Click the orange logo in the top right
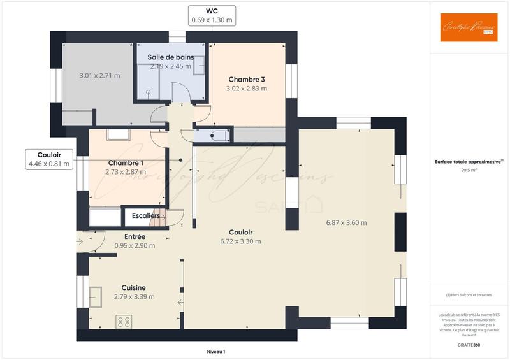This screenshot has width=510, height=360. [x=469, y=27]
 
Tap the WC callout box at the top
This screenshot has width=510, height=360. [x=212, y=15]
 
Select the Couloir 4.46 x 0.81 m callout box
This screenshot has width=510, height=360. [x=48, y=159]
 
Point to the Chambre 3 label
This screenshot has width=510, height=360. [x=246, y=80]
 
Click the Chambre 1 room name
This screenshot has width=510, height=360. [x=125, y=163]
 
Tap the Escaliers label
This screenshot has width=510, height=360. [x=145, y=216]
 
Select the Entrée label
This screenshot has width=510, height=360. [x=135, y=236]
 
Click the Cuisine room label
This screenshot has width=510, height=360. [x=134, y=287]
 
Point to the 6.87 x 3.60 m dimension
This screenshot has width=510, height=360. [x=346, y=222]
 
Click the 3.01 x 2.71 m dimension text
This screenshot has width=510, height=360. [x=99, y=76]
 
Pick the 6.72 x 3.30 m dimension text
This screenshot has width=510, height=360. [x=240, y=241]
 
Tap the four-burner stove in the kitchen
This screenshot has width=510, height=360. [x=124, y=322]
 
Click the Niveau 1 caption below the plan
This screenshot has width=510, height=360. [x=216, y=352]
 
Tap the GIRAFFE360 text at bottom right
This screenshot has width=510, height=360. [x=468, y=345]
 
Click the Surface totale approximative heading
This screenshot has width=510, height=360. [x=469, y=162]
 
